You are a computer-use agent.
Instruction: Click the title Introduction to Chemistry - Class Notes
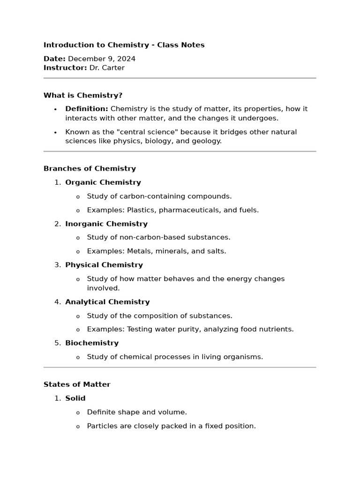[124, 45]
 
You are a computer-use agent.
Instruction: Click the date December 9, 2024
[102, 59]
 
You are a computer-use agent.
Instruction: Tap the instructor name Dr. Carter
[107, 67]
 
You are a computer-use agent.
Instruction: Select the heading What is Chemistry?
[83, 95]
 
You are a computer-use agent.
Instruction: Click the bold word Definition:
[87, 109]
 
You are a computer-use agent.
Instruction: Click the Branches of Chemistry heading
[90, 168]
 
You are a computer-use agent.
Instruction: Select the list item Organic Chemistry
[103, 182]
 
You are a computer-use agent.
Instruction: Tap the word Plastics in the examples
[142, 210]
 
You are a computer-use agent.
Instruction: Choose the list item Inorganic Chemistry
[106, 224]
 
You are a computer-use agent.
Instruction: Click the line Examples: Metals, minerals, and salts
[156, 251]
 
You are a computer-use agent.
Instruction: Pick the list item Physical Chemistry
[104, 265]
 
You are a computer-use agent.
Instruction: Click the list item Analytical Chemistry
[107, 302]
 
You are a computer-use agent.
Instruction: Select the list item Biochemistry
[92, 343]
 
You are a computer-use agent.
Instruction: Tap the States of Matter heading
[77, 384]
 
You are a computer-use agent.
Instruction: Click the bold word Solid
[75, 398]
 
